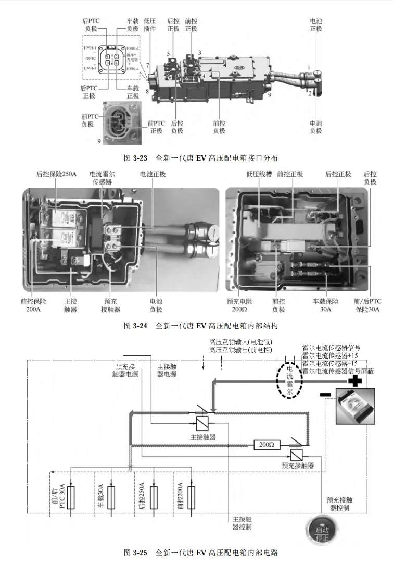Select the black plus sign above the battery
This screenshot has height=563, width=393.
(x=355, y=382)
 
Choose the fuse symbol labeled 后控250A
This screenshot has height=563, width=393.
(x=153, y=497)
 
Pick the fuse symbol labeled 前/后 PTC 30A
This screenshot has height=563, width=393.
(x=71, y=497)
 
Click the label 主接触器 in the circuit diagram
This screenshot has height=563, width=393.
(x=203, y=436)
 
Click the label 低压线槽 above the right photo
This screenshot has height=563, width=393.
(x=256, y=174)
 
